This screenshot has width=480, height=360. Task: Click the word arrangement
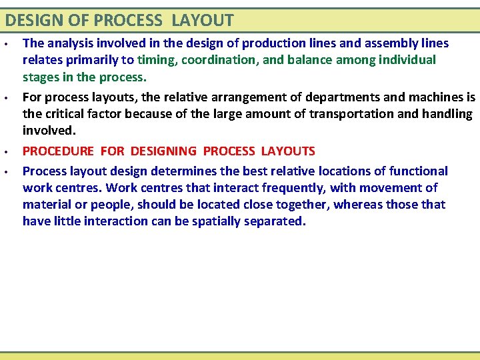pyautogui.click(x=207, y=97)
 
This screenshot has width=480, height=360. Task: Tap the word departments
pyautogui.click(x=293, y=97)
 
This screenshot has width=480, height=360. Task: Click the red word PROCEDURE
pyautogui.click(x=59, y=151)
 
